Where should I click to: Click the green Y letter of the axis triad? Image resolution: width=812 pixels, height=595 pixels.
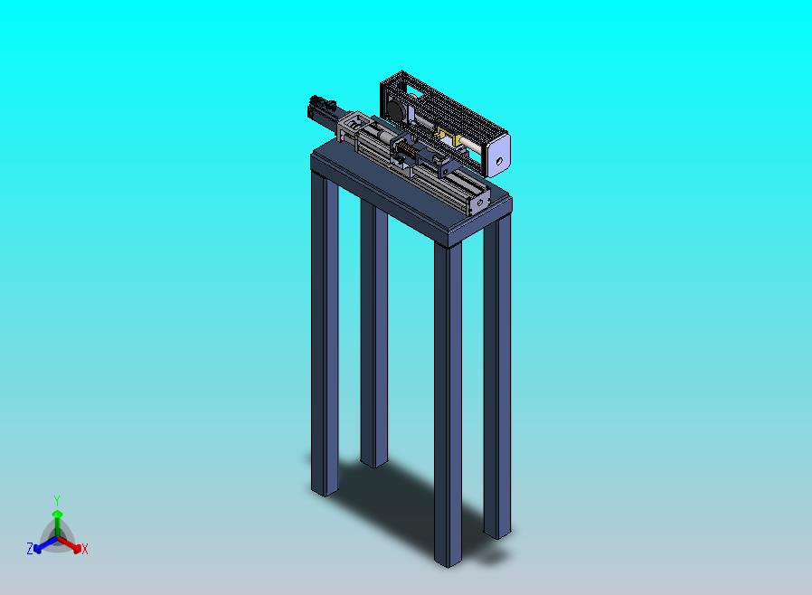coord(57,500)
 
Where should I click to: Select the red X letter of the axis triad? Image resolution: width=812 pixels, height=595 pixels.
coord(85,549)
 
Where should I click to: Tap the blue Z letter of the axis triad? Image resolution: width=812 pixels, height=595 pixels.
coord(30,548)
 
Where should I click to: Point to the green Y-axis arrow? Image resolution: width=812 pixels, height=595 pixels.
coord(57,519)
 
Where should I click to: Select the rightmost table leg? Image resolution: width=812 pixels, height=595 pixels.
coord(497,380)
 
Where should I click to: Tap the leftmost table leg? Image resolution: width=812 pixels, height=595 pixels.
coord(325,335)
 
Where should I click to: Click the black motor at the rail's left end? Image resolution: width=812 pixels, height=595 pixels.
coord(320,108)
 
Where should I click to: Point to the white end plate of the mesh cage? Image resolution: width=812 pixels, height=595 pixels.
coord(497,154)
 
